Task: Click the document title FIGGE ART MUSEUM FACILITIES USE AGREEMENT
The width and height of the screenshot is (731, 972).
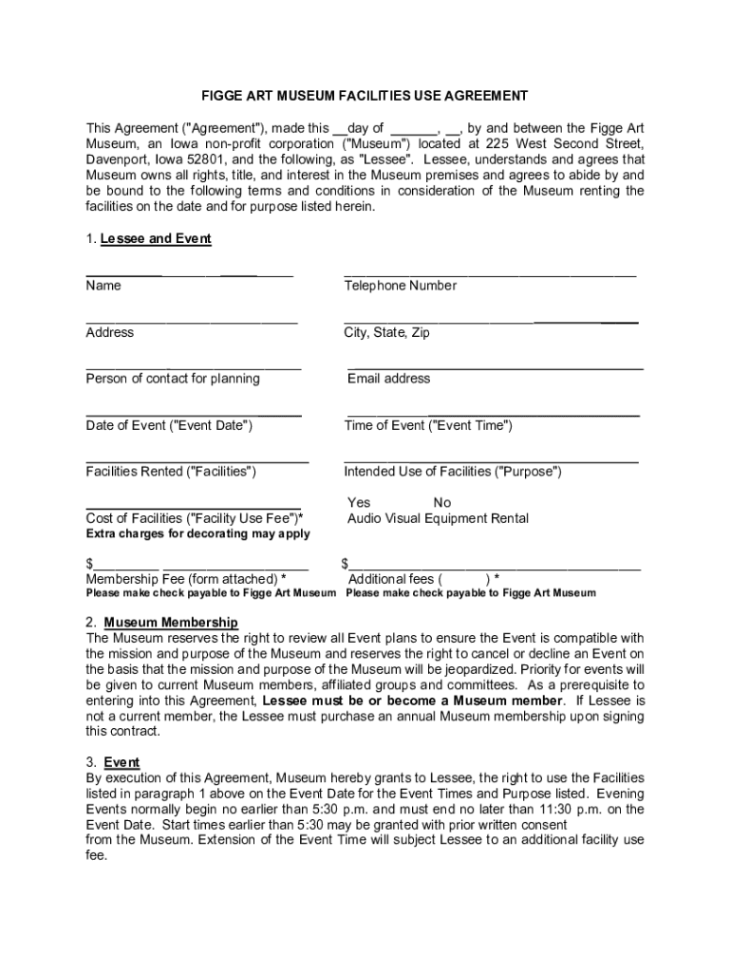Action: tap(364, 96)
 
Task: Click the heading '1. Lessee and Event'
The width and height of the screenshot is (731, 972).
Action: tap(148, 239)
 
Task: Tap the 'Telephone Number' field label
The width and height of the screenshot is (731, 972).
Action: tap(400, 286)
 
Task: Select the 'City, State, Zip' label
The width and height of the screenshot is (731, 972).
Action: tap(386, 332)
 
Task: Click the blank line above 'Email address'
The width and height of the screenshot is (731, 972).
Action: tap(495, 367)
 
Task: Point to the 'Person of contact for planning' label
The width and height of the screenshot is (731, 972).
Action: tap(173, 379)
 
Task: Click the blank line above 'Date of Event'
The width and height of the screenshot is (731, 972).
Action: tap(194, 415)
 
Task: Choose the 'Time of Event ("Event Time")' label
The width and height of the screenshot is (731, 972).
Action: tap(428, 425)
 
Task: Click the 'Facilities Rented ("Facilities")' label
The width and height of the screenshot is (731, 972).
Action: tap(171, 472)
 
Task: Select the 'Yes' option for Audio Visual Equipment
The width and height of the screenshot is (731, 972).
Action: tap(359, 502)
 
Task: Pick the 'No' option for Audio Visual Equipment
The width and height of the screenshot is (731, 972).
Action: tap(442, 502)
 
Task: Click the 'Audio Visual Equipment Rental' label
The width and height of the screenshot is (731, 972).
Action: tap(438, 518)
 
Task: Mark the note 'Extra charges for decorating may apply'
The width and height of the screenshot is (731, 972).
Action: tap(197, 534)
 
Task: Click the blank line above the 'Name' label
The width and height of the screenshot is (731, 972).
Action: tap(189, 274)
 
